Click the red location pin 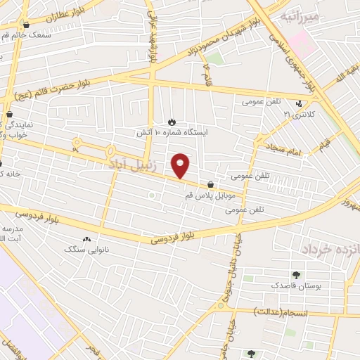181,165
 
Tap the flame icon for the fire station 173,122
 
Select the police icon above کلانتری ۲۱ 299,103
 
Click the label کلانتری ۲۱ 296,113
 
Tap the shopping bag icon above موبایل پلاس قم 210,184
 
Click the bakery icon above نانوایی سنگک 86,240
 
